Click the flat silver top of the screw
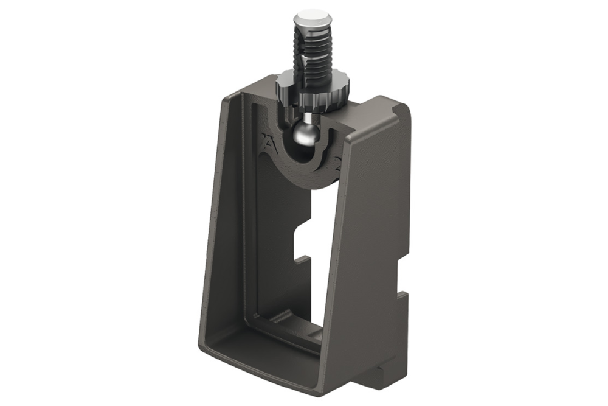click(313, 16)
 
